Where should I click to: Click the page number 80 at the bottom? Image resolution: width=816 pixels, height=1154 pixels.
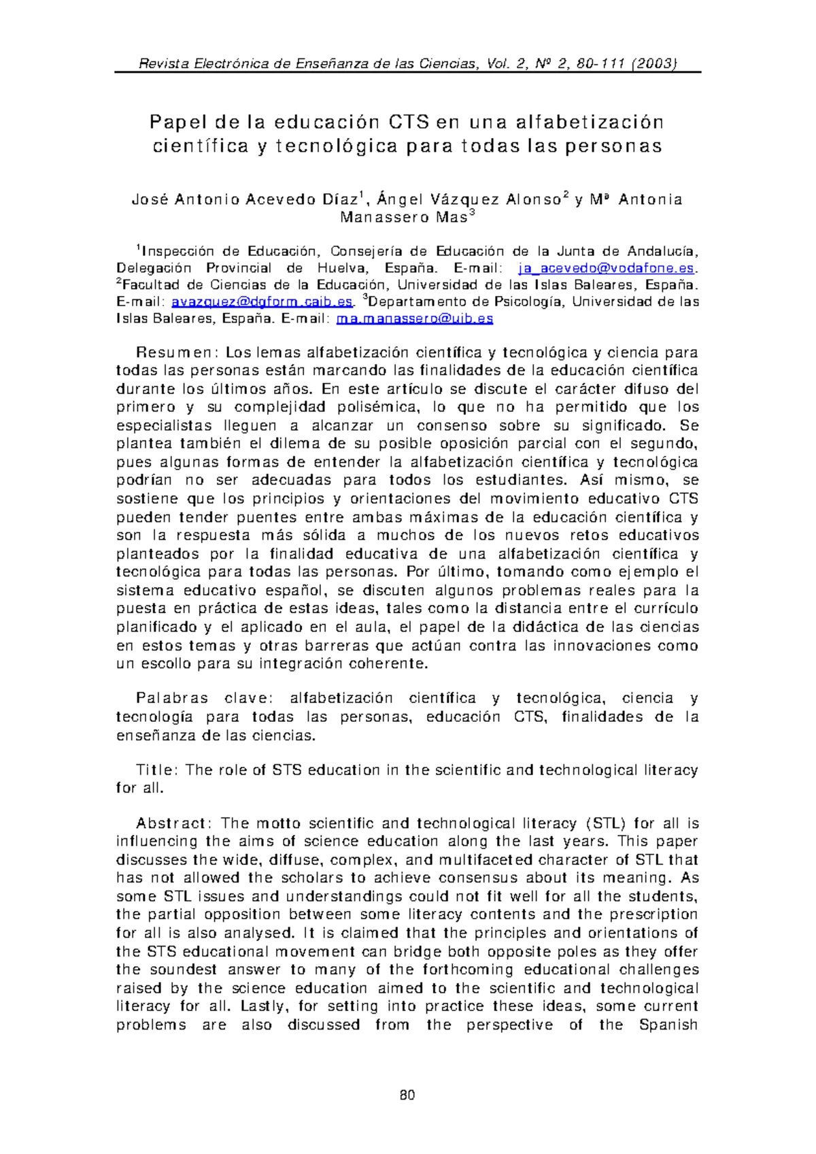407,1095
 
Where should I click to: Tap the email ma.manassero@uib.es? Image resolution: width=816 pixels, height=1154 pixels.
415,319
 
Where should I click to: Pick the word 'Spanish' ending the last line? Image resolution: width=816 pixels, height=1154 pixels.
669,1025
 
